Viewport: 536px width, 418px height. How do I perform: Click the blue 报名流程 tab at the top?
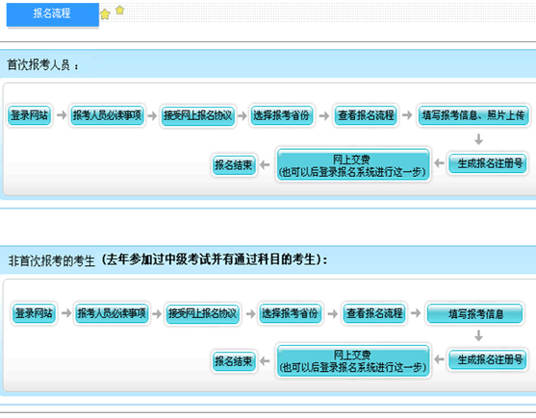[53, 14]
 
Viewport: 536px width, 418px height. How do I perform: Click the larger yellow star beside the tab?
[105, 14]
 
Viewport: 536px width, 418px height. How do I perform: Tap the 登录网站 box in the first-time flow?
[30, 115]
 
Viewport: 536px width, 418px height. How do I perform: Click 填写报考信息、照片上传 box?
[473, 115]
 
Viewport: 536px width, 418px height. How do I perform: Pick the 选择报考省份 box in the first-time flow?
[281, 115]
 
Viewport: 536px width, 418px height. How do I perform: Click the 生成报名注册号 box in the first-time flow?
[488, 163]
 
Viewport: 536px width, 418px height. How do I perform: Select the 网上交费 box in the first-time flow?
[353, 165]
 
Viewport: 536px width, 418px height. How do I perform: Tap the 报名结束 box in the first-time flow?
[234, 165]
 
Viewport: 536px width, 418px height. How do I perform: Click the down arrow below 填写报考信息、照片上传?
[478, 139]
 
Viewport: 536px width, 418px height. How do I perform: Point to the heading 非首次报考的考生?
[52, 261]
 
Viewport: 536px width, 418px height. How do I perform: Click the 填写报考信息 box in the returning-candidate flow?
[474, 313]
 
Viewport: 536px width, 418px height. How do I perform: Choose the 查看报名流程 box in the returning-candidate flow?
[374, 313]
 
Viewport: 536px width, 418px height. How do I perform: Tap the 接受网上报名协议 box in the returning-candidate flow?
[202, 313]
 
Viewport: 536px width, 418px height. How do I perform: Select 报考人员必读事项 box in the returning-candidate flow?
[112, 313]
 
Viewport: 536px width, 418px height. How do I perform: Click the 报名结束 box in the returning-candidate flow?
[234, 361]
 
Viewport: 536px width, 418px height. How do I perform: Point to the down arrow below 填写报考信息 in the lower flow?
[478, 335]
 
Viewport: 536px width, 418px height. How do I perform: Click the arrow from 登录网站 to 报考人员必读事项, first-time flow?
[62, 115]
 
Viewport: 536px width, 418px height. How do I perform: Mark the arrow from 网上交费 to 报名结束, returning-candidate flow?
[265, 360]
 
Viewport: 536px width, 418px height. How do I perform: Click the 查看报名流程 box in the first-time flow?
[366, 115]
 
